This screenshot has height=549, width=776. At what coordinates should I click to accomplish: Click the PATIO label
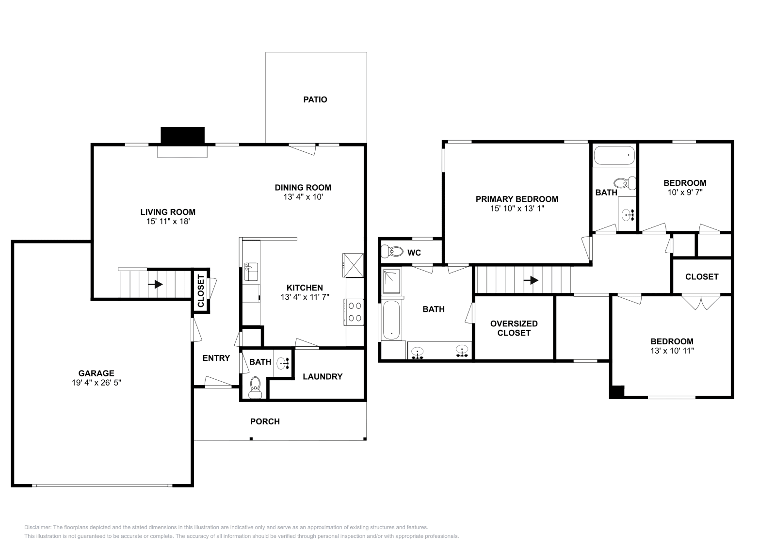tap(315, 100)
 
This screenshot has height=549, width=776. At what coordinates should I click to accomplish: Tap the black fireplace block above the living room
tap(182, 135)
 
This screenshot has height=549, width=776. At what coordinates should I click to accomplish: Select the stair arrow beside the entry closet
tap(155, 284)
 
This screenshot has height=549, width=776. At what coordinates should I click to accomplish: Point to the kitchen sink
tap(251, 272)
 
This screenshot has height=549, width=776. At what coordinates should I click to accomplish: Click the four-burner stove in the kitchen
tap(354, 312)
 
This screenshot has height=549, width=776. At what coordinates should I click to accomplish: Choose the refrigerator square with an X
tap(353, 265)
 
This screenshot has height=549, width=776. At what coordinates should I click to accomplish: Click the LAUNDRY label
tap(323, 376)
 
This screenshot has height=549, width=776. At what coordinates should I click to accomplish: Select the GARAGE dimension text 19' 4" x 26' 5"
tap(97, 383)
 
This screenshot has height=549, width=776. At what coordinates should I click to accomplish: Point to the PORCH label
tap(265, 421)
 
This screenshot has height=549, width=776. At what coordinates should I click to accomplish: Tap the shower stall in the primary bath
tap(391, 281)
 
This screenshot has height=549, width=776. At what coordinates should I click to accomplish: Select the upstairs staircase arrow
tap(531, 280)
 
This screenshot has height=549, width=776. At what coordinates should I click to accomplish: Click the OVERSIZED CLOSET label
tap(514, 328)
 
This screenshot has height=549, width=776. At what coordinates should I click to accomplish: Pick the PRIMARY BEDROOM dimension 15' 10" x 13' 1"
tap(517, 209)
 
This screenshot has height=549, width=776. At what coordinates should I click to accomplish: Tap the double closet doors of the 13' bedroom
tap(701, 302)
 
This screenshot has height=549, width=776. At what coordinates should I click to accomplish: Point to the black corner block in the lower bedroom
tap(617, 392)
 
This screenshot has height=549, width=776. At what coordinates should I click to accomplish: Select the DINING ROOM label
tap(303, 187)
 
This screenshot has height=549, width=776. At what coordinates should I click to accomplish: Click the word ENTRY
tap(216, 358)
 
